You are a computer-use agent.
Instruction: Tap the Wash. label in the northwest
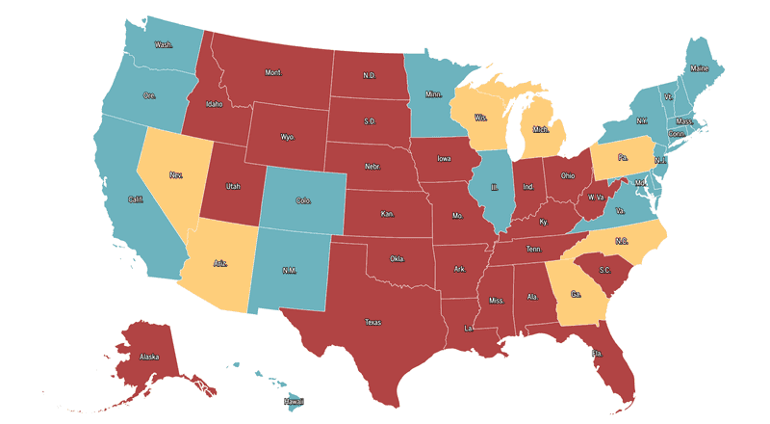[x=165, y=44]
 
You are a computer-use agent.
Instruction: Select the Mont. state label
[x=273, y=72]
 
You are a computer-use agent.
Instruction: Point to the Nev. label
[x=176, y=175]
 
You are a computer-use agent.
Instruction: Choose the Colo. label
[x=303, y=200]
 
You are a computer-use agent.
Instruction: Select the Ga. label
[x=576, y=295]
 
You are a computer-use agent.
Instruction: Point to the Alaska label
[x=150, y=358]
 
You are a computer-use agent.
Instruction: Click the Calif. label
[x=136, y=199]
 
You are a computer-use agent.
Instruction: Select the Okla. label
[x=397, y=259]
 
